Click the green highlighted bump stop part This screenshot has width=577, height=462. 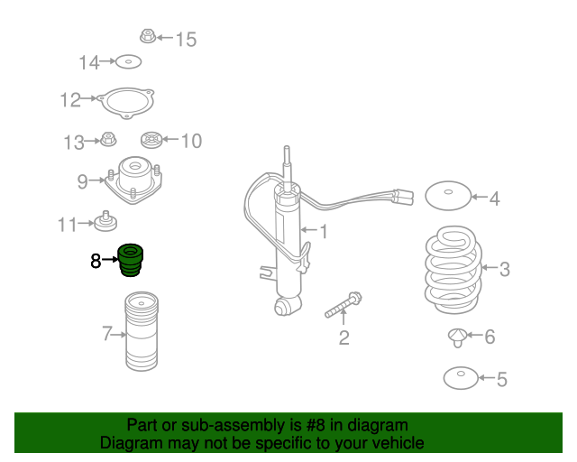pyautogui.click(x=130, y=260)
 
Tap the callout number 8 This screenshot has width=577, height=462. pyautogui.click(x=96, y=261)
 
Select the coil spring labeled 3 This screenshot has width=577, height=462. pyautogui.click(x=453, y=270)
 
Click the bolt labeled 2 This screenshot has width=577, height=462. pyautogui.click(x=343, y=305)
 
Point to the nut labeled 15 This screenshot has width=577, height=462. pyautogui.click(x=148, y=36)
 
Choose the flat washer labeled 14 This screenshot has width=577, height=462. pyautogui.click(x=128, y=62)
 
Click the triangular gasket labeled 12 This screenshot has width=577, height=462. pyautogui.click(x=126, y=103)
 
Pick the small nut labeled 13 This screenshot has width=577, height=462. pyautogui.click(x=108, y=139)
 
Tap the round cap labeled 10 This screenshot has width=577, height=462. pyautogui.click(x=151, y=140)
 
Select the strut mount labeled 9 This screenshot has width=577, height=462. pyautogui.click(x=133, y=180)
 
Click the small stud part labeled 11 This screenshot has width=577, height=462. pyautogui.click(x=105, y=221)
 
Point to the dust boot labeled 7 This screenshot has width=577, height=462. pyautogui.click(x=142, y=331)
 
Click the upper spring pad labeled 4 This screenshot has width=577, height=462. pyautogui.click(x=448, y=196)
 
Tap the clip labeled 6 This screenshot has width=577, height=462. pyautogui.click(x=457, y=337)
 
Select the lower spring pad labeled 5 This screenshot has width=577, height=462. pyautogui.click(x=461, y=378)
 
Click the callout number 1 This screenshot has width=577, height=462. pyautogui.click(x=324, y=232)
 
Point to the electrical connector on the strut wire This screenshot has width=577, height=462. pyautogui.click(x=404, y=197)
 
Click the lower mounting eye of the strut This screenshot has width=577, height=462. pyautogui.click(x=284, y=306)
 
